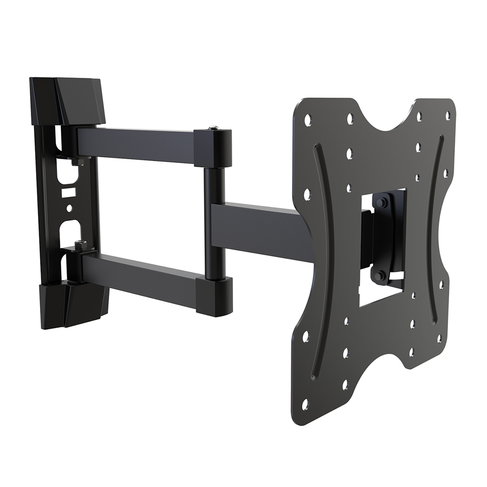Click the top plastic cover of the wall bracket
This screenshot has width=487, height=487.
(78, 100)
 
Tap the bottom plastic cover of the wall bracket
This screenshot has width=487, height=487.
(73, 304)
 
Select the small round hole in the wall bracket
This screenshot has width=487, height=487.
(69, 208)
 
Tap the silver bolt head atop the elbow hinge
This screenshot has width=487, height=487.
(213, 129)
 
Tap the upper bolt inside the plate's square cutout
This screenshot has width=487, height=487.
(381, 202)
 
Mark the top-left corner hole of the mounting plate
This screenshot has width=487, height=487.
(308, 118)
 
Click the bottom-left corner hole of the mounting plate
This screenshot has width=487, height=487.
(305, 404)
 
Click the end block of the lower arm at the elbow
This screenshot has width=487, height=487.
(214, 296)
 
